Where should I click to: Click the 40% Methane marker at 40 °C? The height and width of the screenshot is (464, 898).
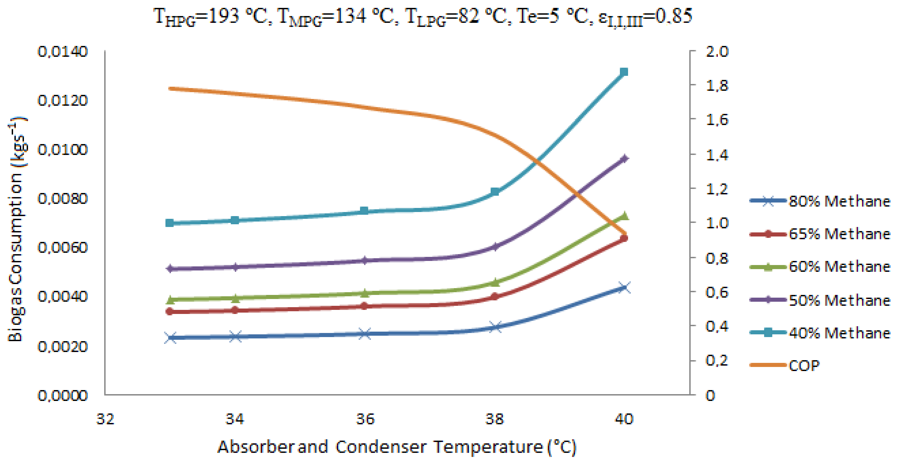point(624,72)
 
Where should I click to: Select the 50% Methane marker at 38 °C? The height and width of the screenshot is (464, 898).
point(494,247)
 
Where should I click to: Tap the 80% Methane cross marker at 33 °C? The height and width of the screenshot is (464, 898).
point(170,338)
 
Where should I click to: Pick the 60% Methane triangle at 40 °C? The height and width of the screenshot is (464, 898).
point(624,216)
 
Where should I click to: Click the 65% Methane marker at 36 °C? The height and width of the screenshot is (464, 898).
point(364,306)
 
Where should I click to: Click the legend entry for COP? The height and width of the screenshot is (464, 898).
point(804,365)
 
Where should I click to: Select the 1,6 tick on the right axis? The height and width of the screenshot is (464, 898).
point(717,120)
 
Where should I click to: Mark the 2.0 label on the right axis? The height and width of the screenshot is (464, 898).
point(717,52)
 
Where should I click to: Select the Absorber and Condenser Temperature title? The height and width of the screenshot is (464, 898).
point(397,447)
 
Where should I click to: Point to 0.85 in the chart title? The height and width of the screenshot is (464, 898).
point(673,16)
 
